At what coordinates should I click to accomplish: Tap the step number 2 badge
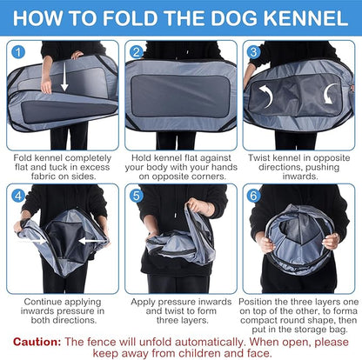[x=137, y=52]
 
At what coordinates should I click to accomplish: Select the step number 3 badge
[x=253, y=52]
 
